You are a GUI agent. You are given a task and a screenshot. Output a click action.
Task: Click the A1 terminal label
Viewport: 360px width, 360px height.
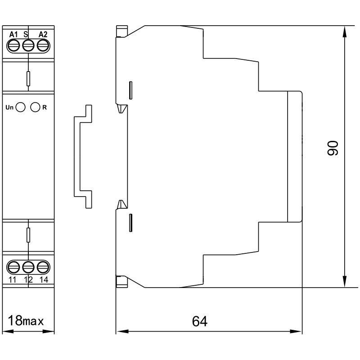(x=13, y=35)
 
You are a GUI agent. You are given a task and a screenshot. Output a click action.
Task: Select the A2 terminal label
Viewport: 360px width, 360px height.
(x=43, y=35)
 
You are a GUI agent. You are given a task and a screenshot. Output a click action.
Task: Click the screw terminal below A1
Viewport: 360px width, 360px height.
(x=14, y=45)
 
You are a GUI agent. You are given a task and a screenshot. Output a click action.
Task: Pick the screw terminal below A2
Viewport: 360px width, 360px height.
(x=43, y=45)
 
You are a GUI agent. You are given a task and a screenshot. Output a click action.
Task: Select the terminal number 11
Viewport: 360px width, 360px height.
(x=12, y=279)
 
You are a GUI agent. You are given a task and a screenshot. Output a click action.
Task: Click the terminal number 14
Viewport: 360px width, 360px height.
(x=44, y=279)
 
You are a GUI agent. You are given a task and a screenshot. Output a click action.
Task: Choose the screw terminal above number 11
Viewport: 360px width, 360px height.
(x=14, y=267)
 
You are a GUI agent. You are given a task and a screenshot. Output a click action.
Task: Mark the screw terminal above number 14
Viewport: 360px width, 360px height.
(x=43, y=267)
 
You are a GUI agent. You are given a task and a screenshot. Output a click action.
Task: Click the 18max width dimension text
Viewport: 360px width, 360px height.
(x=26, y=321)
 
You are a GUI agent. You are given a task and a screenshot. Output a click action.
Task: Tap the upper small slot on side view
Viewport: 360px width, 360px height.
(x=130, y=90)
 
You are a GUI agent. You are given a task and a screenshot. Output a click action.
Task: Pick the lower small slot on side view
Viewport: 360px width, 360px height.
(x=130, y=223)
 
